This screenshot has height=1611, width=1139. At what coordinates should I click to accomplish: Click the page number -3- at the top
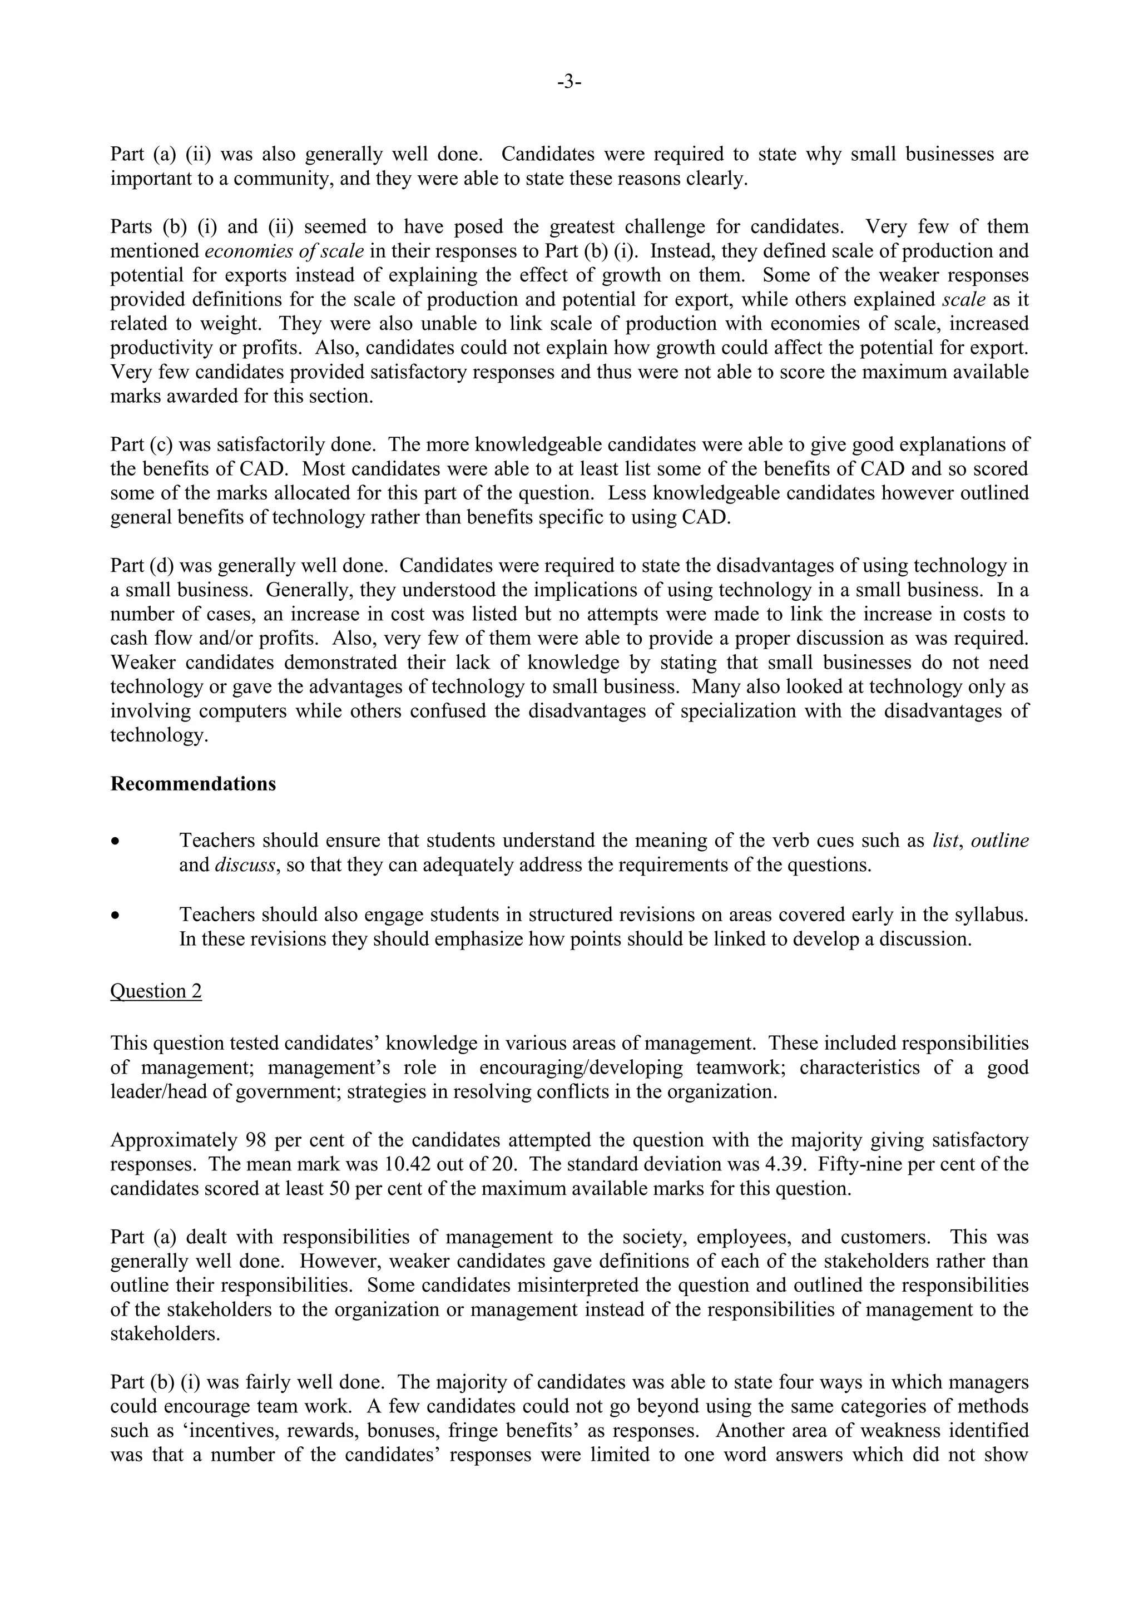coord(569,83)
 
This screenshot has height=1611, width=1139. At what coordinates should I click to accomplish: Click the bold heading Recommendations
coord(193,784)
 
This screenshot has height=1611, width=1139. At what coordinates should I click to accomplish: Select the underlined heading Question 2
coord(156,991)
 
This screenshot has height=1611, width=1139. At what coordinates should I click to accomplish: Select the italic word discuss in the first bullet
coord(245,865)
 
